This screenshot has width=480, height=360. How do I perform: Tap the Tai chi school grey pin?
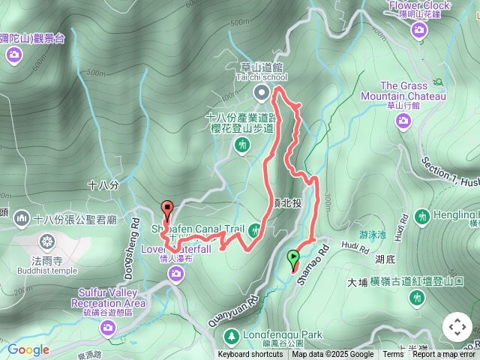click(261, 93)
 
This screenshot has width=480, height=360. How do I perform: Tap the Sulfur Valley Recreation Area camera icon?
click(108, 327)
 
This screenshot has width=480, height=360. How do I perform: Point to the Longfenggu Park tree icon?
click(233, 334)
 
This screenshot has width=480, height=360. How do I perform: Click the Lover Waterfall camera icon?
click(175, 275)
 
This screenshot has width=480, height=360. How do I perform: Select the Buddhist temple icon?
click(47, 241)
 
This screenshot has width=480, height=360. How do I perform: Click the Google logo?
click(28, 349)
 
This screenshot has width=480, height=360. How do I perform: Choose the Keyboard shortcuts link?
click(250, 355)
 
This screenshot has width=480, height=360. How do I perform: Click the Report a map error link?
click(444, 355)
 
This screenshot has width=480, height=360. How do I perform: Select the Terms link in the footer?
click(393, 355)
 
